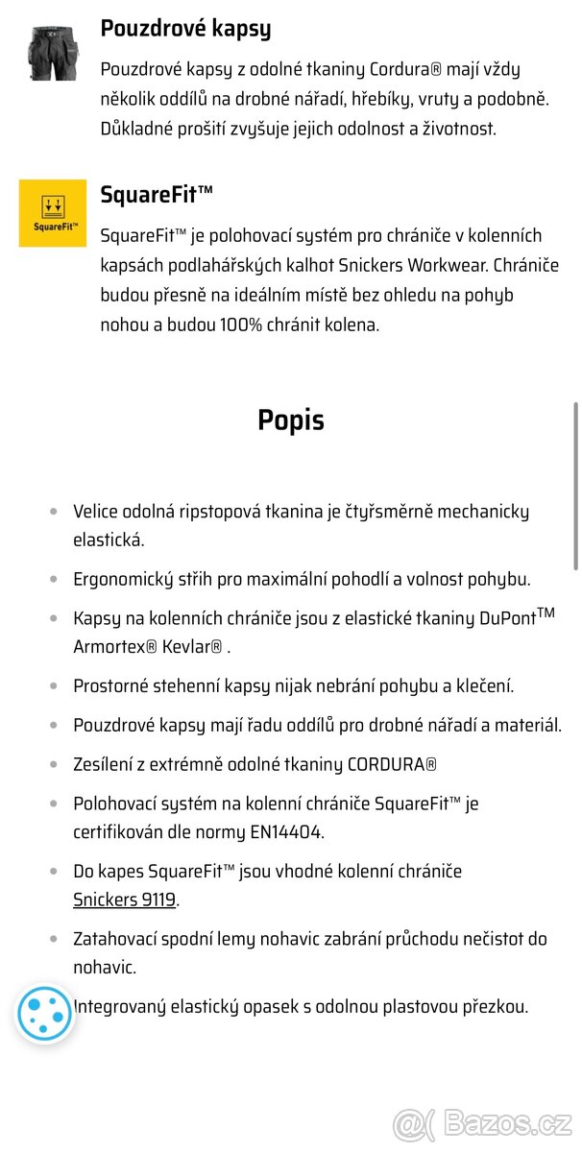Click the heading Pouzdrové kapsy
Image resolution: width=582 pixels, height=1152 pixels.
click(x=185, y=29)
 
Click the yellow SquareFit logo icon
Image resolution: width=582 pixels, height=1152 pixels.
click(x=53, y=212)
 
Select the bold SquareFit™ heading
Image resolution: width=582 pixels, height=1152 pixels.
click(x=157, y=195)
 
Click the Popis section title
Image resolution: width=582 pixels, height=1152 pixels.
click(x=291, y=420)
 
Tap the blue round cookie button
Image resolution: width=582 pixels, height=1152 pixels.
click(x=45, y=1014)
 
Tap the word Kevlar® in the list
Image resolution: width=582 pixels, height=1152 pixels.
click(x=190, y=646)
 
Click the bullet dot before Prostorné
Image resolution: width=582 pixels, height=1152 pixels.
click(x=54, y=686)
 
